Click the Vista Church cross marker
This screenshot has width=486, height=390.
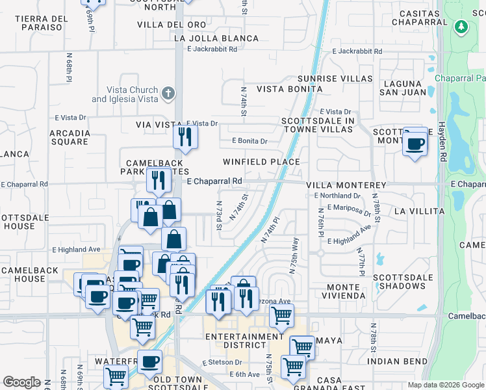click(x=168, y=94)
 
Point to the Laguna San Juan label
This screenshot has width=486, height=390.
click(x=405, y=88)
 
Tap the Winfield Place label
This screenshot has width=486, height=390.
click(x=261, y=162)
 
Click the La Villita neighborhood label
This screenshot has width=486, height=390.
click(x=419, y=211)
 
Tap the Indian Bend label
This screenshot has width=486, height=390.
click(x=397, y=361)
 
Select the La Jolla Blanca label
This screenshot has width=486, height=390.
click(x=216, y=38)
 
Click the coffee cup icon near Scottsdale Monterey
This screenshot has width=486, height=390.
click(x=415, y=143)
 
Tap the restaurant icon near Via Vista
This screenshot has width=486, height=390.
click(x=185, y=136)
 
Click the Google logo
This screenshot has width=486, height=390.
click(x=21, y=382)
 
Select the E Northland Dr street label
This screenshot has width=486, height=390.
click(x=337, y=196)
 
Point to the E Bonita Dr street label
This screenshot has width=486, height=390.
click(x=249, y=141)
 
